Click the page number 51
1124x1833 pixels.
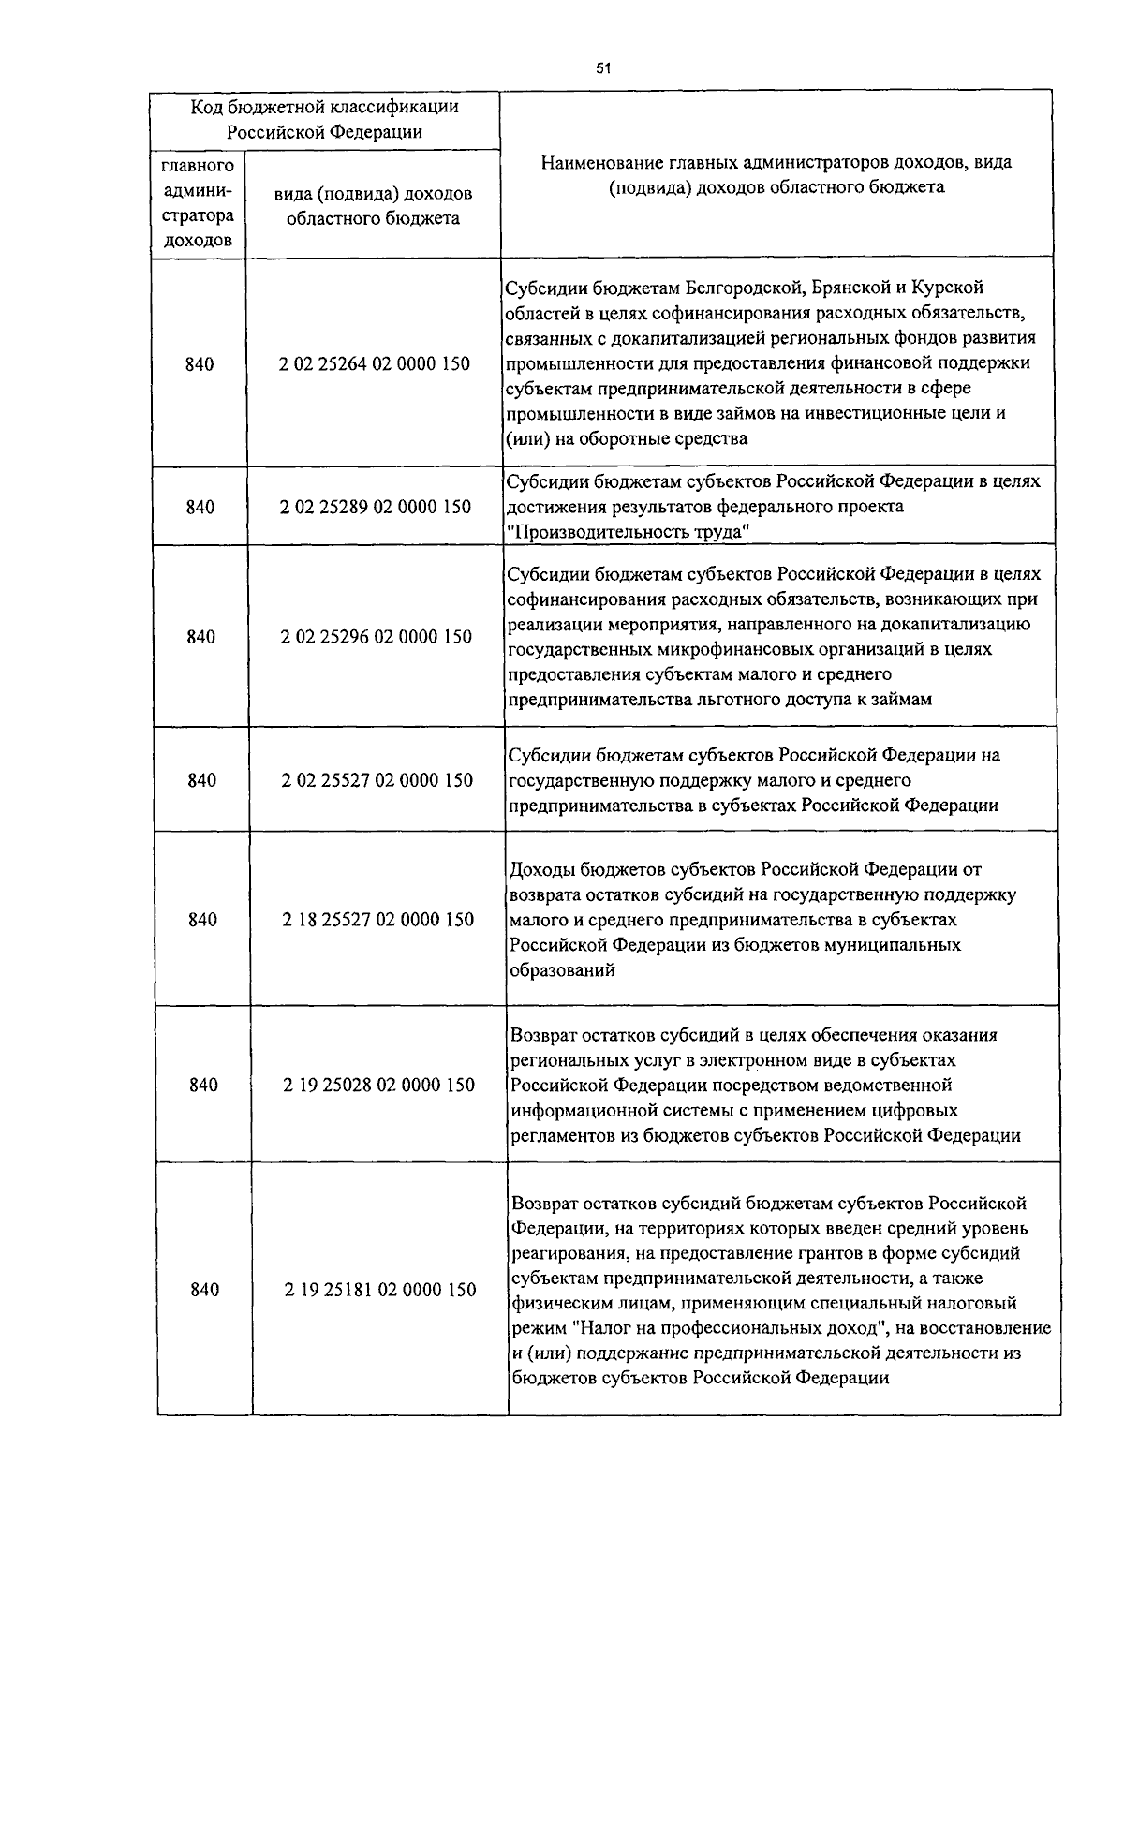pos(603,67)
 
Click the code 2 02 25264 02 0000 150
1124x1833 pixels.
pos(375,364)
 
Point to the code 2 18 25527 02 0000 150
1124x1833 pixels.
pos(378,920)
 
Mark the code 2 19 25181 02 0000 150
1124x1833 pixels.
pos(380,1290)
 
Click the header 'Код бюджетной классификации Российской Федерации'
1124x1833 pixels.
pos(325,119)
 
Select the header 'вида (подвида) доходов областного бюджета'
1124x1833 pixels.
pos(373,206)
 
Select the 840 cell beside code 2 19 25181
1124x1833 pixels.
pos(204,1290)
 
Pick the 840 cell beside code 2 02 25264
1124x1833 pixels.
pos(200,364)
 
